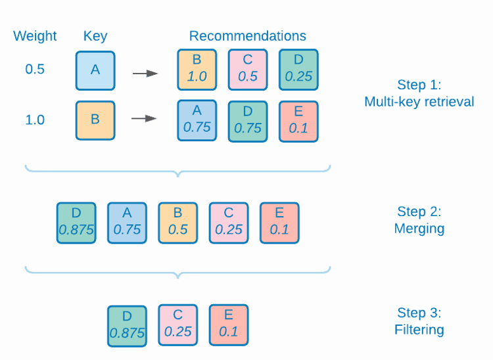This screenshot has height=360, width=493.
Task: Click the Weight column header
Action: (x=35, y=35)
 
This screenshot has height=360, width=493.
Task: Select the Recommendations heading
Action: (x=248, y=35)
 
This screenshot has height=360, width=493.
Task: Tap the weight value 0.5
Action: (x=35, y=69)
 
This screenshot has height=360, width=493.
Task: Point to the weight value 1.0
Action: (x=35, y=120)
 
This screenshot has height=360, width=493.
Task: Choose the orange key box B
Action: (x=95, y=120)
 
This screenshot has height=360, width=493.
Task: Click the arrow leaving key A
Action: (x=145, y=73)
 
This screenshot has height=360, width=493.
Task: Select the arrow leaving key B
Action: (x=145, y=118)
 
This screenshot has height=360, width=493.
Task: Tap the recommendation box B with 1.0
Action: (x=197, y=70)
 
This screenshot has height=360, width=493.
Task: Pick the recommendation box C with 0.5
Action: (x=248, y=70)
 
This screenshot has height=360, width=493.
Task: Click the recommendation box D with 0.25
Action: (x=298, y=70)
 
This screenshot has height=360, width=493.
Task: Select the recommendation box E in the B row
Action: (x=298, y=121)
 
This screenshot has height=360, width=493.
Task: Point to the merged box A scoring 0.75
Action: (x=127, y=222)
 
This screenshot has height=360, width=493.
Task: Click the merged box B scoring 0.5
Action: (x=177, y=222)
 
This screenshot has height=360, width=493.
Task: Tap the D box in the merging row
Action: (x=76, y=222)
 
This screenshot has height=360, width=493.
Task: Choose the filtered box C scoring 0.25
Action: (x=177, y=325)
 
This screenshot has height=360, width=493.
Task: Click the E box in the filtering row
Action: (x=229, y=325)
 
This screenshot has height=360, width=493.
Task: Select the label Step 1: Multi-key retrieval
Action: (x=419, y=93)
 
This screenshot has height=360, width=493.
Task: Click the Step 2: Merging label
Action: (x=419, y=220)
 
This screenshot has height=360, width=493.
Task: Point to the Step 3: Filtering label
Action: (x=419, y=321)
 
